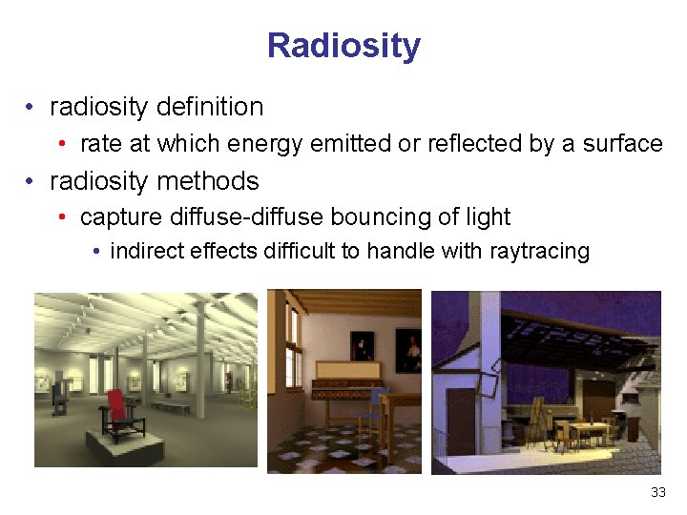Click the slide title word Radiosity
point(343,45)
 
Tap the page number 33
point(657,492)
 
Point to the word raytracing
point(539,251)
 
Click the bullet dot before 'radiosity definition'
point(32,107)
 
